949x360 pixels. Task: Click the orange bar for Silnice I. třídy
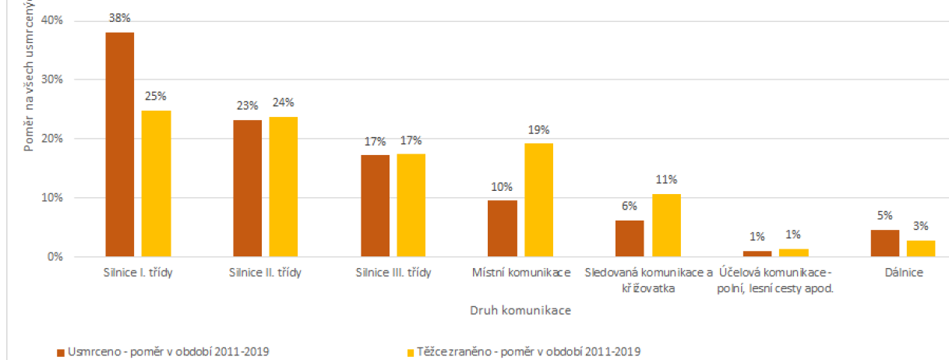click(x=120, y=144)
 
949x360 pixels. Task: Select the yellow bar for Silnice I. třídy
click(x=156, y=183)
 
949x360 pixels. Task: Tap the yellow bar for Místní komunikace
click(x=538, y=199)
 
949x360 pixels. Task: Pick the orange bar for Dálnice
click(x=884, y=243)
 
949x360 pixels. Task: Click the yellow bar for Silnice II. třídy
click(x=284, y=186)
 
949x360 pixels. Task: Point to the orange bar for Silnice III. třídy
click(x=375, y=205)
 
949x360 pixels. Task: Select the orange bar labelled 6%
click(x=630, y=238)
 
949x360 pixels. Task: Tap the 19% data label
click(x=538, y=130)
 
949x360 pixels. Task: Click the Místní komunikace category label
click(x=520, y=274)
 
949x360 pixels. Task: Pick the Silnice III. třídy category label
click(x=392, y=274)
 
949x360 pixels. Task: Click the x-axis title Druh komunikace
click(x=520, y=310)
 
